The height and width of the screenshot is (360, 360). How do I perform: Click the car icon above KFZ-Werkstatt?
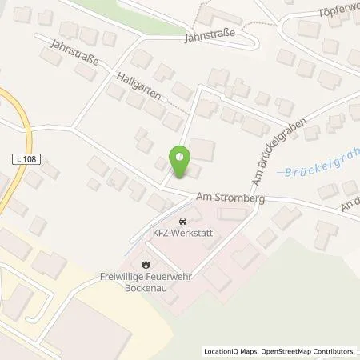pyautogui.click(x=182, y=221)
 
